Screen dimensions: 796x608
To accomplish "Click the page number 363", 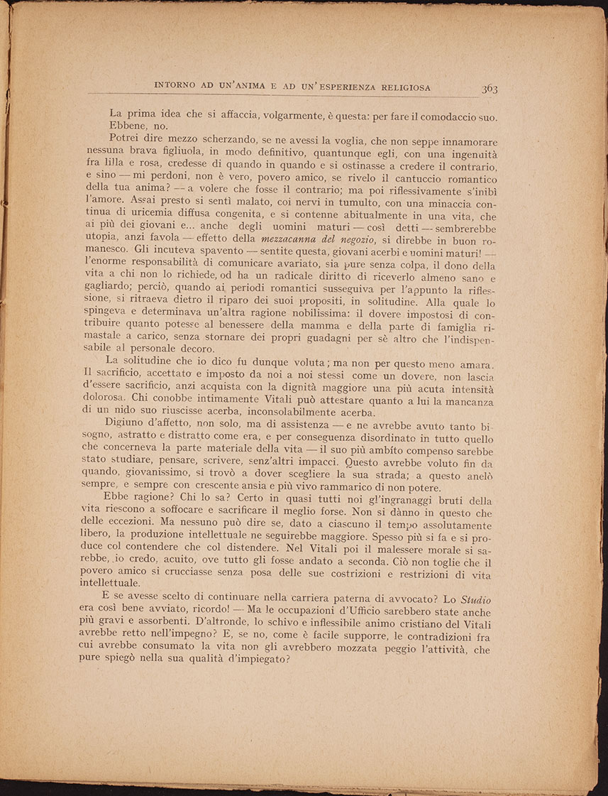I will point(490,89).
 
